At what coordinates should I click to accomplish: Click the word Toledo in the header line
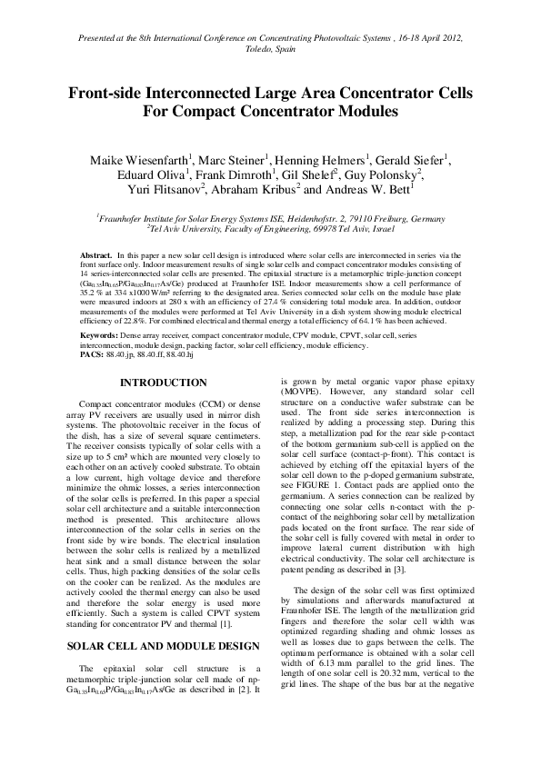[255, 54]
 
